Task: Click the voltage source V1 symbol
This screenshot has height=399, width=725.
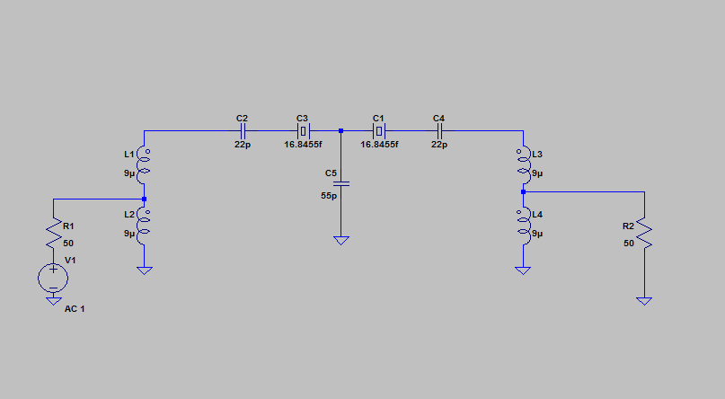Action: tap(53, 277)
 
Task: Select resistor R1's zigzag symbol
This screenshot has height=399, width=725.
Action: tap(53, 235)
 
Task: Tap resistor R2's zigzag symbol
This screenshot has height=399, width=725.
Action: tap(643, 235)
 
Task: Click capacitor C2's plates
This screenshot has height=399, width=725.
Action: tap(242, 131)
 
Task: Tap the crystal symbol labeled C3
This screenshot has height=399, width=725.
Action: tap(303, 131)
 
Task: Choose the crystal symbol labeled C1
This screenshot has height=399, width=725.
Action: tap(379, 131)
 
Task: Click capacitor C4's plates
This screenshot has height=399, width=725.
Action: tap(439, 131)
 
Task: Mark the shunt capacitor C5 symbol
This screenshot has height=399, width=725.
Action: tap(341, 183)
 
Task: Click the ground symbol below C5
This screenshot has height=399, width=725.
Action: tap(341, 241)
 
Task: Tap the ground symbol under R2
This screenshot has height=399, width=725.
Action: tap(643, 301)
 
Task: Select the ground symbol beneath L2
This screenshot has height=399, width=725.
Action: tap(144, 270)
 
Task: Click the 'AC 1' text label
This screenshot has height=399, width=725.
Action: tap(75, 308)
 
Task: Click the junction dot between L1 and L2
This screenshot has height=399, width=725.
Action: tap(144, 199)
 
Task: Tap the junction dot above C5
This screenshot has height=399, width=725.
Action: tap(341, 131)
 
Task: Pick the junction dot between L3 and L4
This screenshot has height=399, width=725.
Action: tap(522, 191)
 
